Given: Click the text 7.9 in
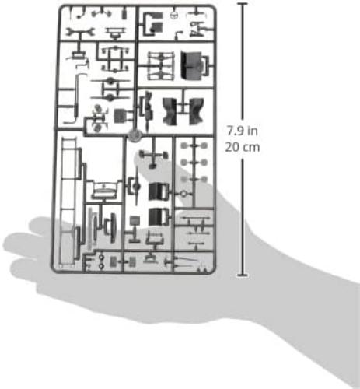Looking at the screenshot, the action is [x=243, y=131].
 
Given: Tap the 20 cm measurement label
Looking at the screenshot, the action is [x=243, y=147].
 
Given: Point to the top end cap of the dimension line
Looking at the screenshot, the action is [x=243, y=4].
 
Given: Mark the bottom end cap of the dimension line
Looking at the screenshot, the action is [x=243, y=275].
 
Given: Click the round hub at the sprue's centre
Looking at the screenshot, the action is [x=135, y=135].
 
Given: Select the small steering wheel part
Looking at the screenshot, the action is [x=174, y=16].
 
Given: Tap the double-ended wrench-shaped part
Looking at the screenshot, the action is [x=80, y=33].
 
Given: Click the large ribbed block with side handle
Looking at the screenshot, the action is [x=194, y=65].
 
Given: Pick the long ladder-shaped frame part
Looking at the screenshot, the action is [x=69, y=203].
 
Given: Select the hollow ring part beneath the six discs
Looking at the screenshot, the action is [x=183, y=194].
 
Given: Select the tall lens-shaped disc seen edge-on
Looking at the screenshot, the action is [x=113, y=228].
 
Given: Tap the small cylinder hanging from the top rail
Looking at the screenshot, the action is [x=125, y=14].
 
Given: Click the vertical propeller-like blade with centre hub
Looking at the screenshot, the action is [x=137, y=186].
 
